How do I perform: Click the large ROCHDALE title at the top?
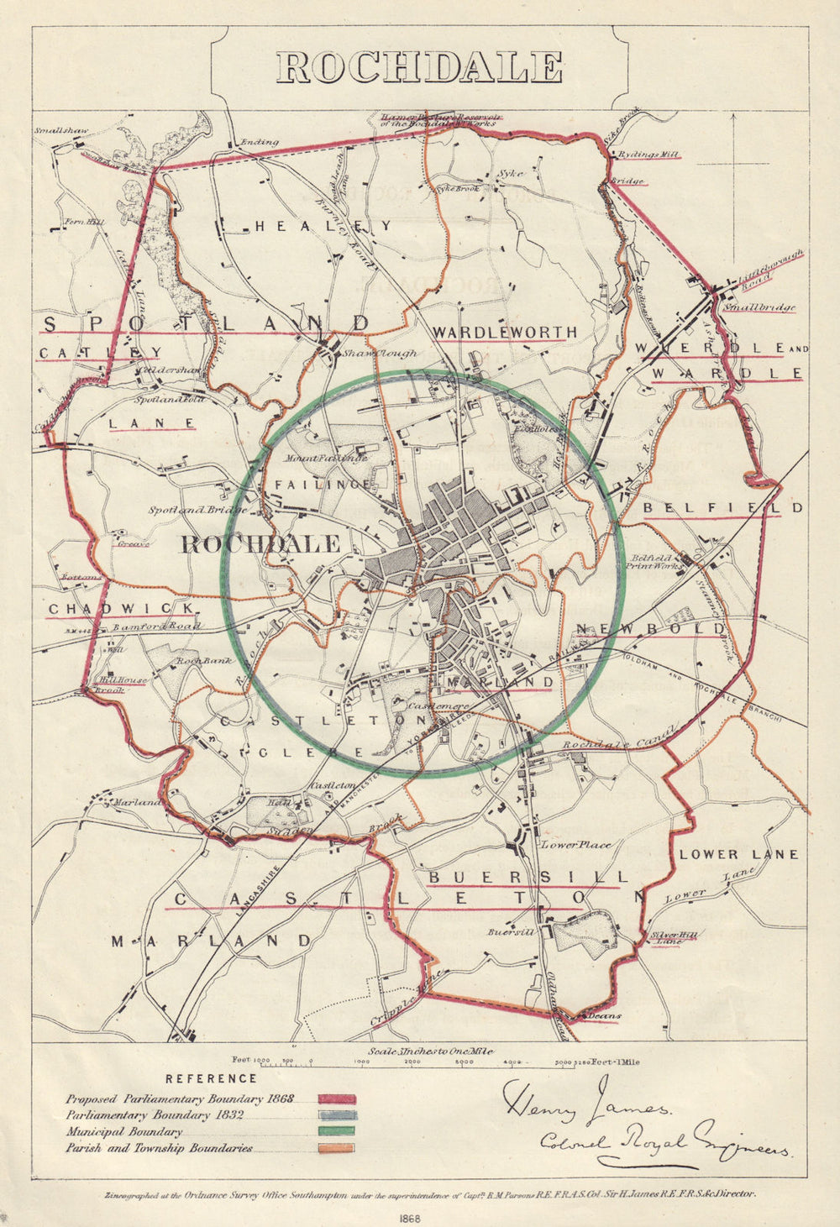419,67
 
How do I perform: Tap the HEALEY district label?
323,226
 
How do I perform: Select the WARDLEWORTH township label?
505,333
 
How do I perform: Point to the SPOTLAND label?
206,323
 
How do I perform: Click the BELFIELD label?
723,508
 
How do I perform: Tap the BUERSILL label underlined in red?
527,877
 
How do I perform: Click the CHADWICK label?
121,608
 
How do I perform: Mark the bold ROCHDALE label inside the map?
261,543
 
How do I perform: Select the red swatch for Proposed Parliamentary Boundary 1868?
337,1099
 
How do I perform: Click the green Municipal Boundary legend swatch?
337,1132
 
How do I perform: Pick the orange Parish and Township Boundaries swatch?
337,1148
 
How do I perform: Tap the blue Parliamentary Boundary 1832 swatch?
337,1115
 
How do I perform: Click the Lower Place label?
575,844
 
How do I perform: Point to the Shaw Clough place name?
380,354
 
